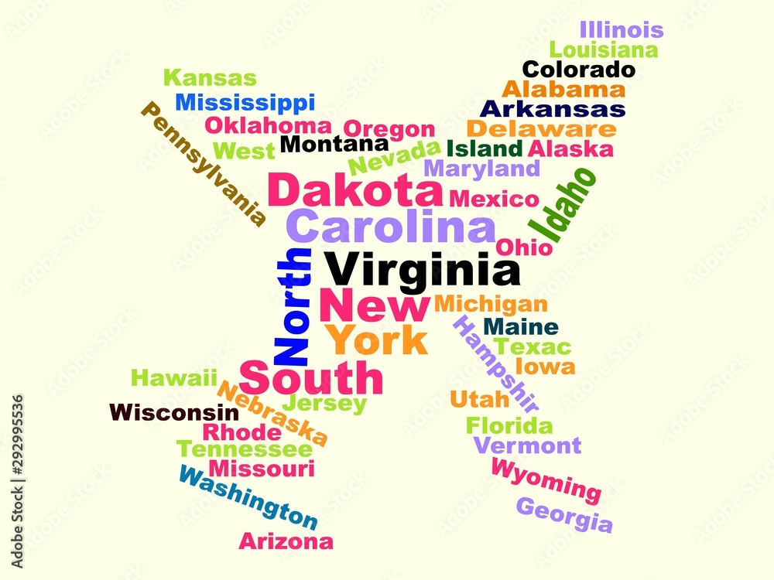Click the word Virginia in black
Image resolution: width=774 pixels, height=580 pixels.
[x=422, y=271]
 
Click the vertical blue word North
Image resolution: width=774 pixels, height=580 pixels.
[x=293, y=307]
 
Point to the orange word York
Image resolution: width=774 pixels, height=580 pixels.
[x=375, y=340]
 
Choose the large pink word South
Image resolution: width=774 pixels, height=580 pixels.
[x=311, y=378]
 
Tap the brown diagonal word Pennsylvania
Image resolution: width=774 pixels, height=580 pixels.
[x=204, y=164]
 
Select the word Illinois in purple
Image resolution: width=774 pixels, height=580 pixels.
[x=622, y=30]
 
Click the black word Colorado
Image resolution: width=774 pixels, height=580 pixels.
[x=579, y=70]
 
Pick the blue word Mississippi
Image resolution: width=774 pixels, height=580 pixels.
[x=245, y=102]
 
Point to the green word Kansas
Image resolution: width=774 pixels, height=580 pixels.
[x=210, y=78]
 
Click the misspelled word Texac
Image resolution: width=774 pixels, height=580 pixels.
[x=533, y=346]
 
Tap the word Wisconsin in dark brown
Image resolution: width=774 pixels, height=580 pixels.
[x=174, y=412]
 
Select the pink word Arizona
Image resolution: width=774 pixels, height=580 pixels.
[x=286, y=541]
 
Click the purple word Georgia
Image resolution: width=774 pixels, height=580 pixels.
[x=564, y=515]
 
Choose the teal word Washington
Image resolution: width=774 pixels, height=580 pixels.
[x=248, y=496]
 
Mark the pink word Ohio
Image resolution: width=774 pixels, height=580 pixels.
[x=524, y=247]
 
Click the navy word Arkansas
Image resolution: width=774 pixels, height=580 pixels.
[x=553, y=109]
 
